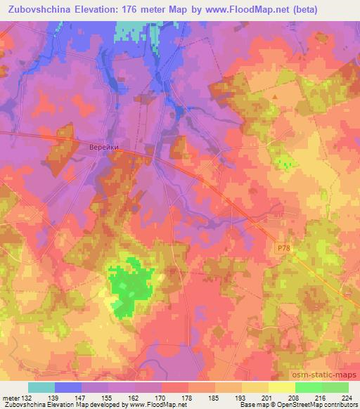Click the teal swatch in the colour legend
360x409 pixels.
click(41, 387)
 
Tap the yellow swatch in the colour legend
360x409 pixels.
click(282, 387)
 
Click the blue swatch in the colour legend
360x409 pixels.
click(68, 387)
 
